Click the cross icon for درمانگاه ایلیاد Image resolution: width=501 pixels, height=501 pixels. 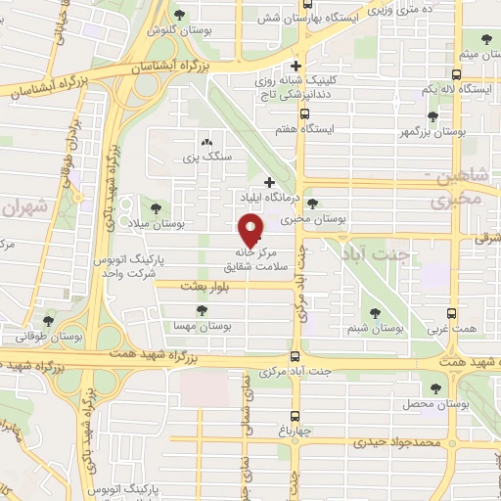[x=269, y=183]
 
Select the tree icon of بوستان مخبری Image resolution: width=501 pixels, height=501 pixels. [x=311, y=204]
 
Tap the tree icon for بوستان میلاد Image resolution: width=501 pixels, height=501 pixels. [x=155, y=208]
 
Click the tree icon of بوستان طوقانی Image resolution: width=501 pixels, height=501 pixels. [x=48, y=320]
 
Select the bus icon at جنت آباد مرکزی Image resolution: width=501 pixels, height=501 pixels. [x=296, y=356]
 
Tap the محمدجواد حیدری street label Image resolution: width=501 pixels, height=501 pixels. [x=398, y=442]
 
